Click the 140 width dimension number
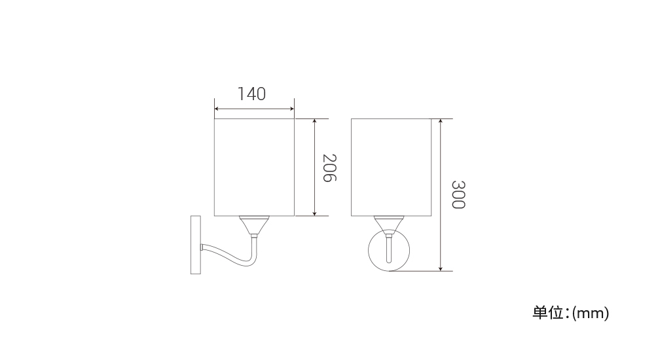pyautogui.click(x=252, y=94)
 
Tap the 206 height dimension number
pyautogui.click(x=330, y=168)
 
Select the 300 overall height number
pyautogui.click(x=459, y=194)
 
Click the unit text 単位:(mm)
pyautogui.click(x=571, y=313)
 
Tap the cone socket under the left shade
pyautogui.click(x=254, y=225)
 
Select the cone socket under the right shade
pyautogui.click(x=389, y=225)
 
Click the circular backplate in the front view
pyautogui.click(x=368, y=251)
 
